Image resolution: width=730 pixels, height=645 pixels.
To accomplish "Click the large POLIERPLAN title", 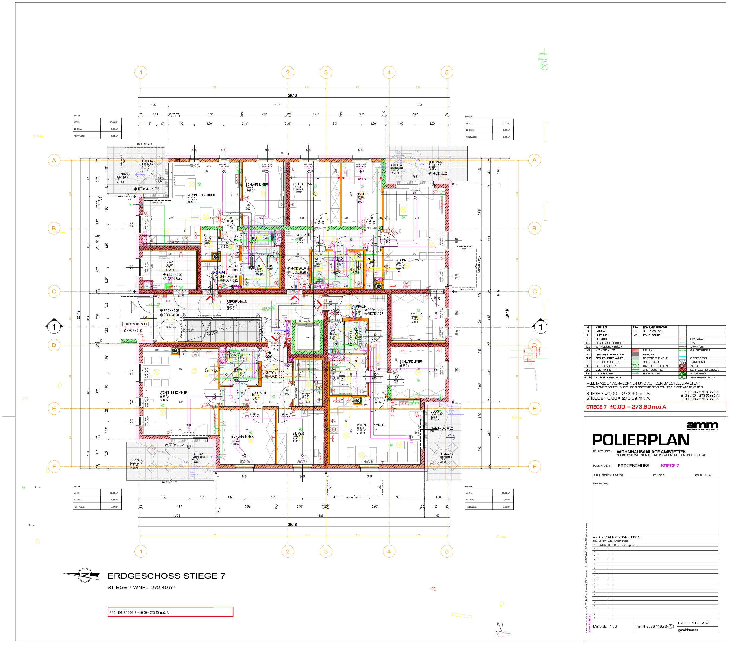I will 641,440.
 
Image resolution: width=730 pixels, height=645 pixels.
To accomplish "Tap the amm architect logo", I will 702,425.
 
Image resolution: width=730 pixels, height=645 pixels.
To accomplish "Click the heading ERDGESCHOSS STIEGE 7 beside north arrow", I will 166,576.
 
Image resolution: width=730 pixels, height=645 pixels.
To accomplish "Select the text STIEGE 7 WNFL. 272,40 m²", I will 142,588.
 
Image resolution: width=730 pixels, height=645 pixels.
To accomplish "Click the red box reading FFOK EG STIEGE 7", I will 170,612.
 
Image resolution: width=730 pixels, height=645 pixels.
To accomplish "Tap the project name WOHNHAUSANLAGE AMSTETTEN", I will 651,452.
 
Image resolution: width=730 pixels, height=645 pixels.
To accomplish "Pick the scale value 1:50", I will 613,627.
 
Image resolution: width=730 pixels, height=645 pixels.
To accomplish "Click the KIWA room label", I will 169,262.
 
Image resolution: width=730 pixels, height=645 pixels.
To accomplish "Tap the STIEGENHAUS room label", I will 236,302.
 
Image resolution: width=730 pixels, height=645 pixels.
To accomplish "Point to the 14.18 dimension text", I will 277,105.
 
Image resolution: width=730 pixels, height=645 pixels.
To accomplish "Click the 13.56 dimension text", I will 320,515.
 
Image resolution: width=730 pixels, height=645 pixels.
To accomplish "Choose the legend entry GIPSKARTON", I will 698,358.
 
